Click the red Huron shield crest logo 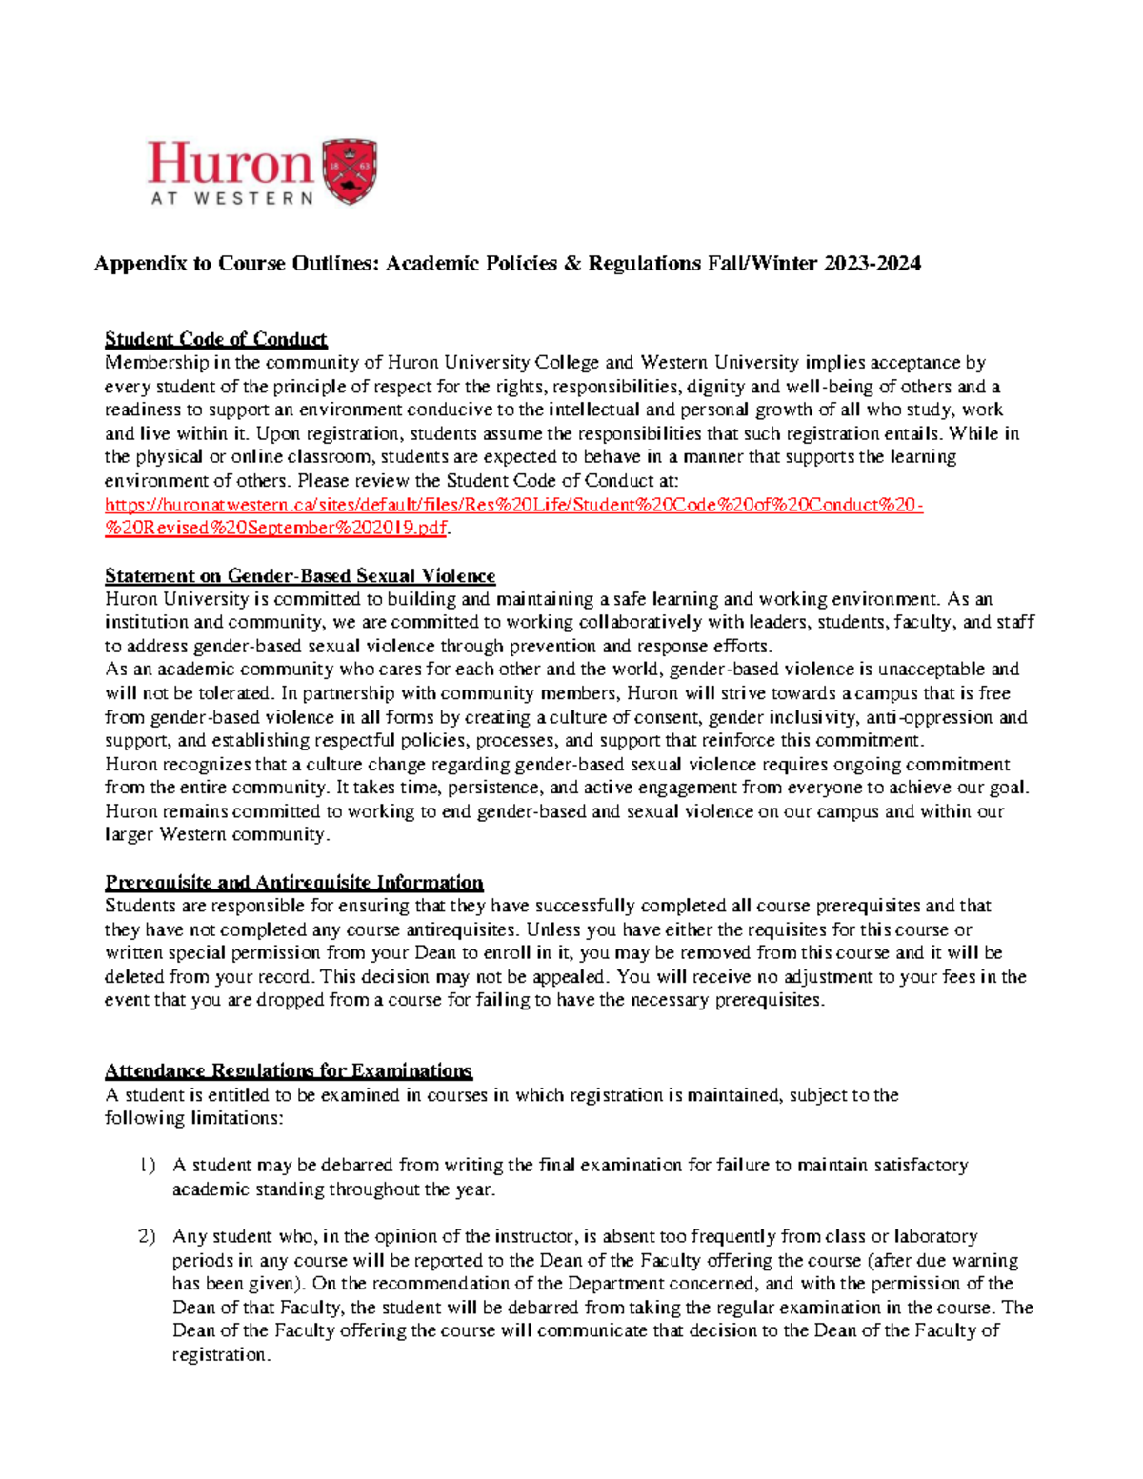(x=351, y=172)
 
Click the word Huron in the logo (x=230, y=164)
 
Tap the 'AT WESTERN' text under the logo (x=231, y=199)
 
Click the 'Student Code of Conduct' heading (x=215, y=339)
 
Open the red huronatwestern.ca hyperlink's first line (x=513, y=505)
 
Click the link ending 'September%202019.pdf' (x=275, y=529)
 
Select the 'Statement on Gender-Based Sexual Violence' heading (x=300, y=576)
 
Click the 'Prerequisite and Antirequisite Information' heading (x=293, y=883)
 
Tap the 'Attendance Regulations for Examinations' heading (x=288, y=1071)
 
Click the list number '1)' (x=147, y=1166)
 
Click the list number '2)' (x=147, y=1237)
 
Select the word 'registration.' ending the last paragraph (x=221, y=1355)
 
